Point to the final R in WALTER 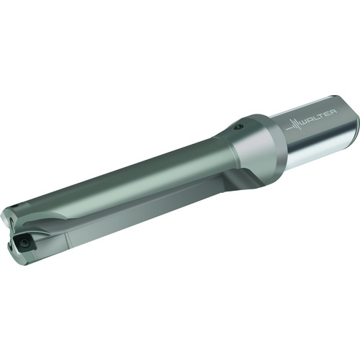click(x=333, y=112)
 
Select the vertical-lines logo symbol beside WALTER click(x=293, y=125)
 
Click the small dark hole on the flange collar click(x=238, y=127)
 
